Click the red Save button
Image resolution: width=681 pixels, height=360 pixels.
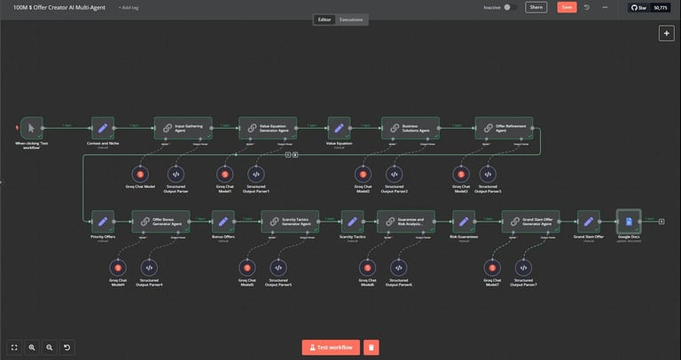pyautogui.click(x=567, y=7)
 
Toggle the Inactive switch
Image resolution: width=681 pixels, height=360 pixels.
pyautogui.click(x=510, y=7)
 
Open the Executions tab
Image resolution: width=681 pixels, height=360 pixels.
pyautogui.click(x=352, y=20)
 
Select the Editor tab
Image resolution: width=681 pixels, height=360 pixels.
pyautogui.click(x=324, y=20)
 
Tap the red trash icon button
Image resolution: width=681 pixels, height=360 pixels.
pyautogui.click(x=372, y=348)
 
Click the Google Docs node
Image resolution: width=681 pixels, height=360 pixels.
pyautogui.click(x=628, y=221)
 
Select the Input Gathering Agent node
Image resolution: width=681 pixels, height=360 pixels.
pyautogui.click(x=183, y=128)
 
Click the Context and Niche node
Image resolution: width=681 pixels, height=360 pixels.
pyautogui.click(x=103, y=128)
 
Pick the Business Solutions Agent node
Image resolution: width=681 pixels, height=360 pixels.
pyautogui.click(x=411, y=128)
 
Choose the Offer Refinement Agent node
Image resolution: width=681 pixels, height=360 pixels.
pyautogui.click(x=503, y=128)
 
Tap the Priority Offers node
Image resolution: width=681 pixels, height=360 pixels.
pyautogui.click(x=103, y=221)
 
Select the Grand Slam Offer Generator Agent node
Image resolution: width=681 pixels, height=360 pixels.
pyautogui.click(x=529, y=221)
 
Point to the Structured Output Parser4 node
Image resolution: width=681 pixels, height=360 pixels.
pyautogui.click(x=149, y=266)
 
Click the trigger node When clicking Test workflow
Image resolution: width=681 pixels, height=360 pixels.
pyautogui.click(x=32, y=128)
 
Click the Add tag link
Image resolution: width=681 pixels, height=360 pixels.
pyautogui.click(x=129, y=7)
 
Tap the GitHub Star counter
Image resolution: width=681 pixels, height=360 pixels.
pyautogui.click(x=650, y=7)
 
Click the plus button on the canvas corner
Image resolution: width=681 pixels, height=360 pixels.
pyautogui.click(x=665, y=33)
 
